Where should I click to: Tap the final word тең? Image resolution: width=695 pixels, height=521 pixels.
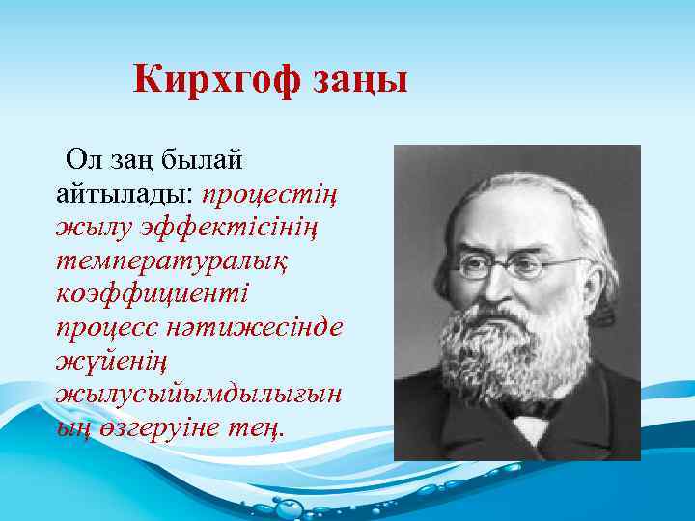pos(258,427)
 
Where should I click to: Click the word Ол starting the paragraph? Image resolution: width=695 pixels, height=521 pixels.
pos(82,159)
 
